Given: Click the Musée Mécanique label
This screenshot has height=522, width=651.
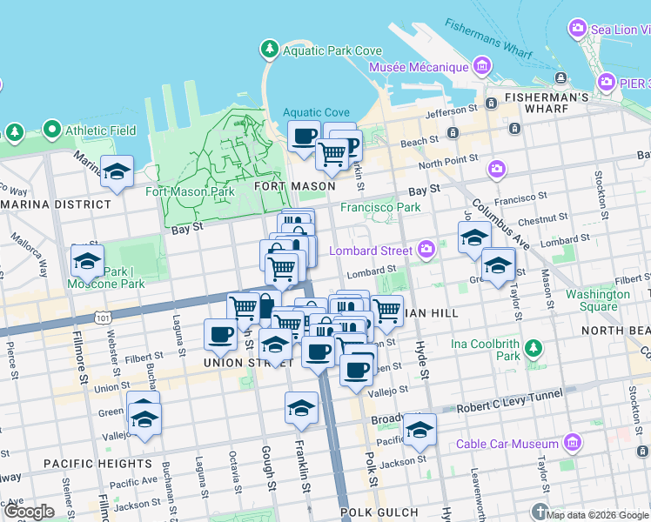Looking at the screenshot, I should coord(419,67).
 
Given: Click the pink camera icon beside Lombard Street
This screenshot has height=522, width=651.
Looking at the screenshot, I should coord(426,251).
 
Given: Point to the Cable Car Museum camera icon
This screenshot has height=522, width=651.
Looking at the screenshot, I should coord(573,442).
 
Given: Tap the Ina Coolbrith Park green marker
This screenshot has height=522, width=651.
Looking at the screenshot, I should coord(533,350).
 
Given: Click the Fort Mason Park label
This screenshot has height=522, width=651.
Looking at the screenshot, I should coord(190,191).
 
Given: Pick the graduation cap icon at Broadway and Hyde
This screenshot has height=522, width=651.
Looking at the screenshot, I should coord(419,429).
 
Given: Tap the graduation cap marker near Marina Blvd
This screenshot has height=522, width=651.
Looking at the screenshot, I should coord(117,171).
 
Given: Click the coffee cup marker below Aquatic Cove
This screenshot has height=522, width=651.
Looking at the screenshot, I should coord(305,137).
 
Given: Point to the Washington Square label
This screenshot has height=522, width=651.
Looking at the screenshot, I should coord(598,300).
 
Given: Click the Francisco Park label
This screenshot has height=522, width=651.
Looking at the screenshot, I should coord(380,207).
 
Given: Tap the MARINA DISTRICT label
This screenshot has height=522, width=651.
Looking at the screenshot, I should coord(56,204).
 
